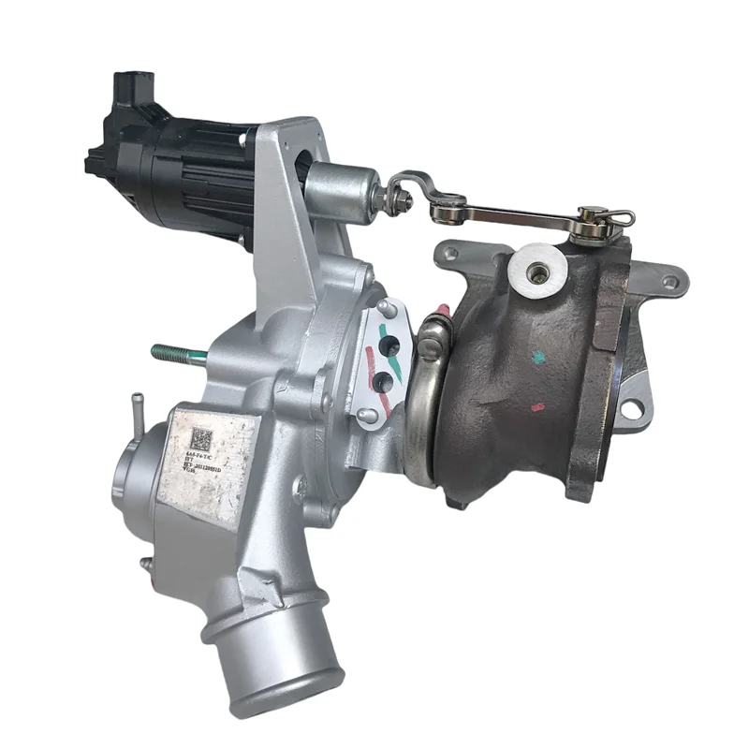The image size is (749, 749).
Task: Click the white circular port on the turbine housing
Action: [x=537, y=271]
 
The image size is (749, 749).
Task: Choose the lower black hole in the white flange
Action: [x=383, y=381]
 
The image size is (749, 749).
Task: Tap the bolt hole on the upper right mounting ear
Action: [x=669, y=282]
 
